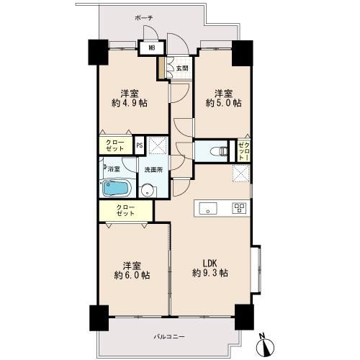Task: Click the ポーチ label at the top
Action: (x=144, y=18)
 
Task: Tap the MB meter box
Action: (x=152, y=48)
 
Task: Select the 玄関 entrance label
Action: (x=182, y=68)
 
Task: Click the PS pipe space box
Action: (x=140, y=145)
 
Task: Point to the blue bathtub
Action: (x=116, y=189)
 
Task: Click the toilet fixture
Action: (x=219, y=152)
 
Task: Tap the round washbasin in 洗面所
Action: (x=147, y=191)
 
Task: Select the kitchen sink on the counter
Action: (x=208, y=208)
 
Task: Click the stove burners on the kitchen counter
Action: (x=239, y=208)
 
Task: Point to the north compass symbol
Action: (x=265, y=345)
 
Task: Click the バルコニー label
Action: (x=169, y=337)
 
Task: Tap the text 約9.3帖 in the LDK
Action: (x=210, y=273)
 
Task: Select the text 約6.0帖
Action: (x=132, y=275)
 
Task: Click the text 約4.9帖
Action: (x=130, y=103)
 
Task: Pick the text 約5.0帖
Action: (x=224, y=103)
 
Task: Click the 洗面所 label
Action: (x=153, y=170)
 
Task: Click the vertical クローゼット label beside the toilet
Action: (x=244, y=151)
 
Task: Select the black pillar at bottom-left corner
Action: (x=99, y=318)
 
